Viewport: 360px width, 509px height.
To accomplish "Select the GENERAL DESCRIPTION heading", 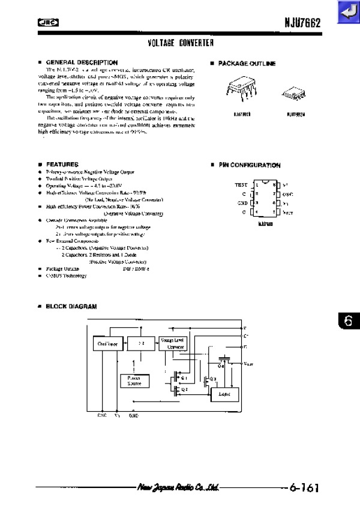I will pos(82,62).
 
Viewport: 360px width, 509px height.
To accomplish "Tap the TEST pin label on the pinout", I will pos(241,185).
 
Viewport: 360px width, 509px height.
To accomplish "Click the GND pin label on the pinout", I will pos(241,203).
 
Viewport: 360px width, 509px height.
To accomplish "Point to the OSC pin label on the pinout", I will pos(287,194).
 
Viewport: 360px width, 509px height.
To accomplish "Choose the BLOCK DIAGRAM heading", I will pos(71,306).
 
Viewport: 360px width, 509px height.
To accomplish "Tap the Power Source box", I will pos(136,381).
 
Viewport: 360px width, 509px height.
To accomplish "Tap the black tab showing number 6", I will pos(349,321).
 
